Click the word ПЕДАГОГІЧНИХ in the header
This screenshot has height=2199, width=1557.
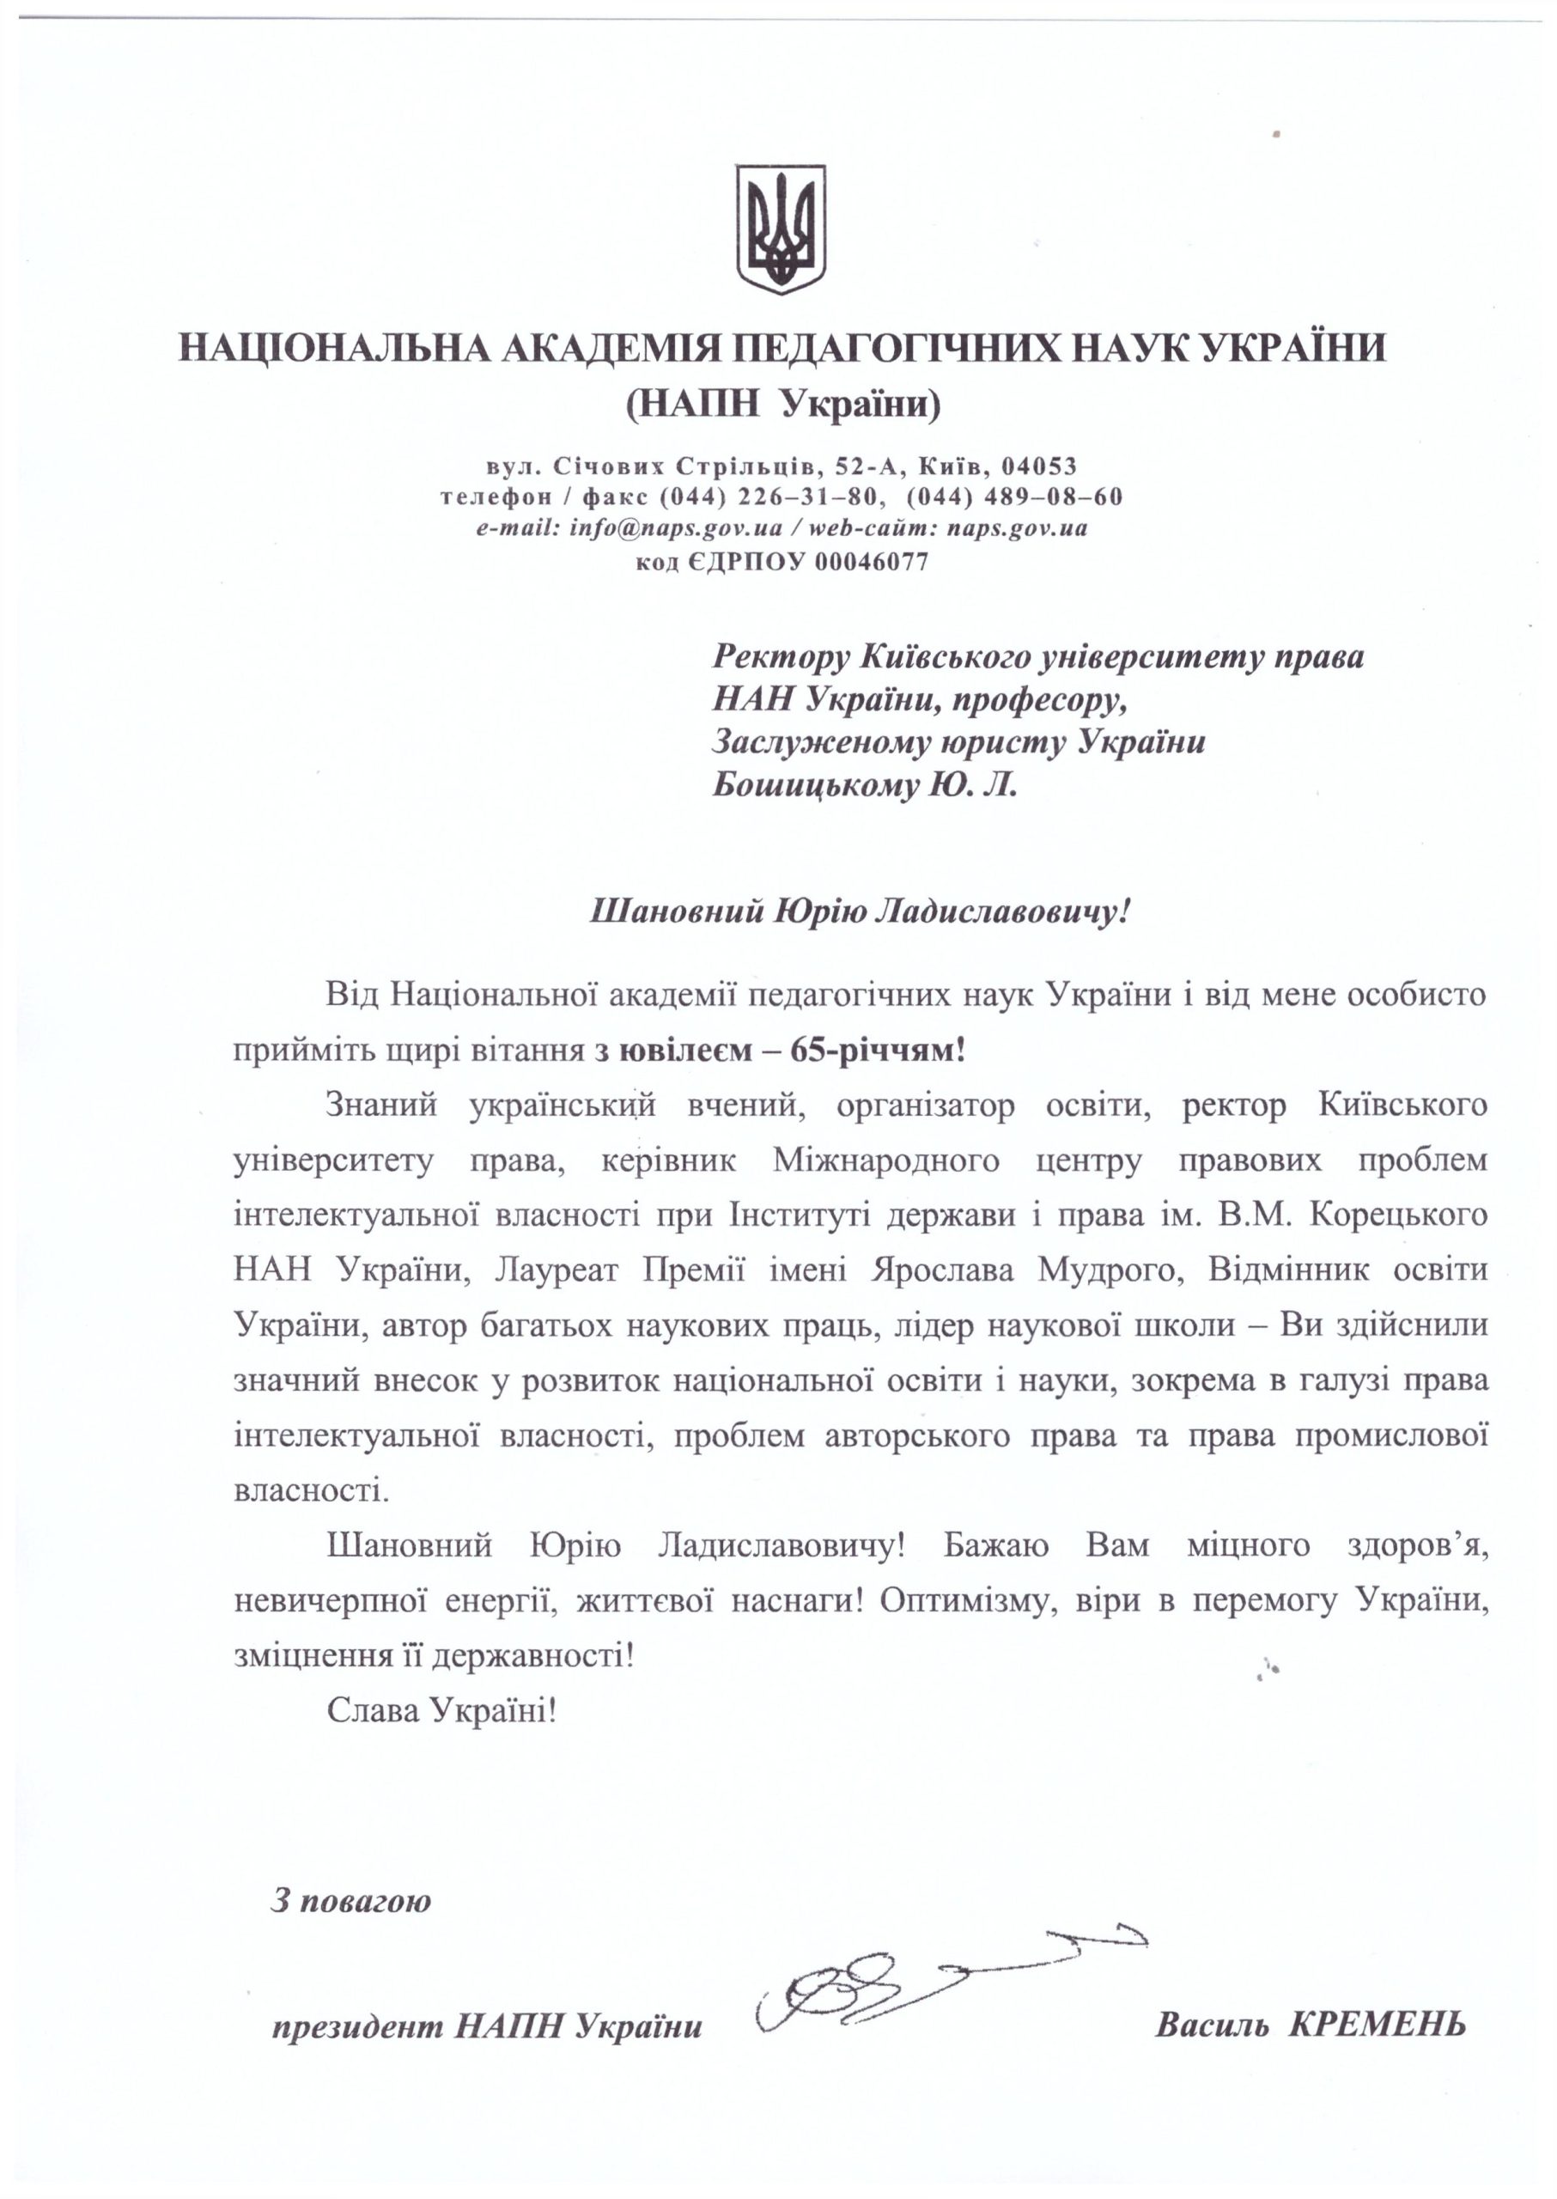[895, 348]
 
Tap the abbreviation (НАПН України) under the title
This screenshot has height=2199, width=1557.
[782, 406]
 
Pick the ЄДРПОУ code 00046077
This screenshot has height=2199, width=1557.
[871, 562]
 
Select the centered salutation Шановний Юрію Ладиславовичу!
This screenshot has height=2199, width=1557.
[859, 911]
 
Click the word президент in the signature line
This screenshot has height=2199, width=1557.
[356, 2027]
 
